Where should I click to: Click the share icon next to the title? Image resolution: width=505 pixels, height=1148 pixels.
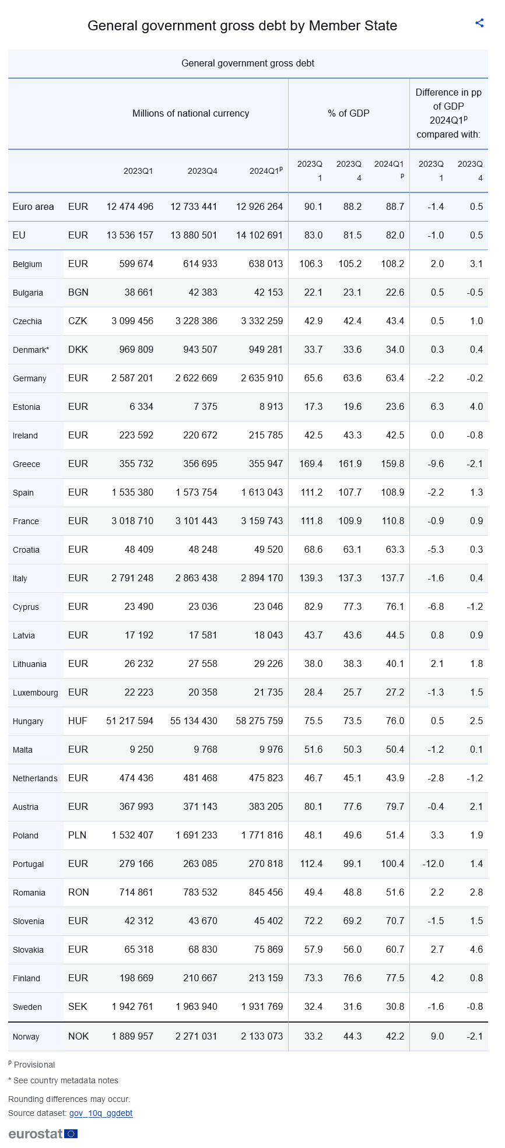coord(479,23)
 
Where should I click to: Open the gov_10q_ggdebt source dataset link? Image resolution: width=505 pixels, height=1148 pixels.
coord(100,1113)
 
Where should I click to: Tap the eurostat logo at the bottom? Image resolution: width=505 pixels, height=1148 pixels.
coord(43,1133)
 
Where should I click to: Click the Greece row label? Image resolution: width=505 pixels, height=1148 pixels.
coord(26,464)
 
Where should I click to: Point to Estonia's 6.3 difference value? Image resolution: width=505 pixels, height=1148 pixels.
coord(437,406)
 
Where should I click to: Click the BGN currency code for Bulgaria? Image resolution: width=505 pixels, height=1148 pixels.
coord(78,292)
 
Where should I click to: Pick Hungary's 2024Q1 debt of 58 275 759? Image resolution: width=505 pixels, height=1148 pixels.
coord(259,721)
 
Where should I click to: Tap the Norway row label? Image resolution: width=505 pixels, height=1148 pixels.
coord(26,1037)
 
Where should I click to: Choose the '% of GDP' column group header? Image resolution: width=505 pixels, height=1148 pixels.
coord(349,113)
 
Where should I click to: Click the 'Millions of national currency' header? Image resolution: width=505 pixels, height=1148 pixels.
coord(191,113)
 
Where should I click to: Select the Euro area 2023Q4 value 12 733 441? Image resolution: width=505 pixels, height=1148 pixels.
coord(194,206)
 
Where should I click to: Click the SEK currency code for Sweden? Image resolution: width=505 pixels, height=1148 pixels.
coord(78,1006)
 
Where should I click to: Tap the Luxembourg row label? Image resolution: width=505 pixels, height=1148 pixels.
coord(35,693)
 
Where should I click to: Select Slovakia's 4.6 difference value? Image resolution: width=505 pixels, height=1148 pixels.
coord(476,949)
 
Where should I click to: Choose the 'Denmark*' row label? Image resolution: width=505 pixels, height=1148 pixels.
coord(31,350)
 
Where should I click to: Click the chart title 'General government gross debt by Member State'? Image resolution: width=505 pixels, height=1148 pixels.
coord(242,26)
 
